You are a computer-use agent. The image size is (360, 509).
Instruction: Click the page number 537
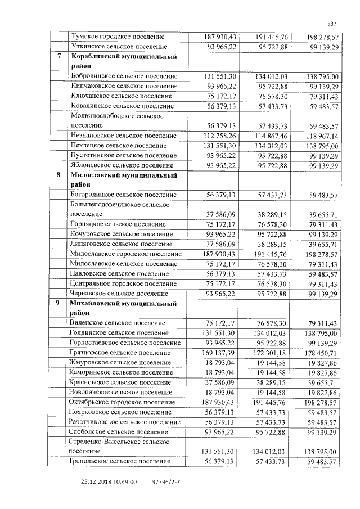pyautogui.click(x=331, y=24)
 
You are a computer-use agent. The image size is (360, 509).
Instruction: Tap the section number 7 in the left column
pyautogui.click(x=60, y=57)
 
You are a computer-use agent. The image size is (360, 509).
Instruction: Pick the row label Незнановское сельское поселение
pyautogui.click(x=124, y=136)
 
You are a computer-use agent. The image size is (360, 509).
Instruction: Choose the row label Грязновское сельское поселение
pyautogui.click(x=121, y=353)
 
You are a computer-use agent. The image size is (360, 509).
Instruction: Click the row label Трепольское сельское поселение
pyautogui.click(x=119, y=461)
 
